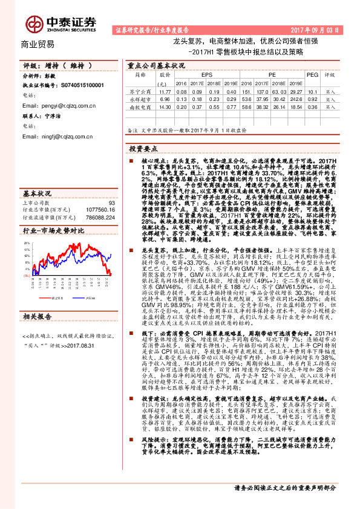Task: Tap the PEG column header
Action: point(312,74)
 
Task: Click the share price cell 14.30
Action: point(163,106)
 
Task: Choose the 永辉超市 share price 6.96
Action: point(163,99)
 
